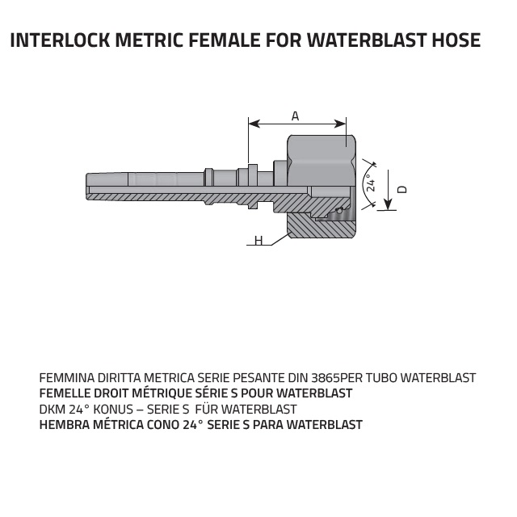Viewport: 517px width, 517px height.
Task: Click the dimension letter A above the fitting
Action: (x=295, y=116)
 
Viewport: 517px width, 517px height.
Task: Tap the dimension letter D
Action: (x=402, y=190)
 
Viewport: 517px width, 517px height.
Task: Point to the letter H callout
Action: (x=258, y=241)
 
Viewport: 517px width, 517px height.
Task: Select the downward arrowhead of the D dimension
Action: (x=388, y=204)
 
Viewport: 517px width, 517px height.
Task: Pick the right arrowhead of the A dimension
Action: (x=340, y=124)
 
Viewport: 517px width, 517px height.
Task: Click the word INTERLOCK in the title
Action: (x=60, y=40)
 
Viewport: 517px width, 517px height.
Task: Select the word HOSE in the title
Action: (x=456, y=40)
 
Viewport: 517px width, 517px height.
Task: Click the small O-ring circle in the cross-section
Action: (x=339, y=210)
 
